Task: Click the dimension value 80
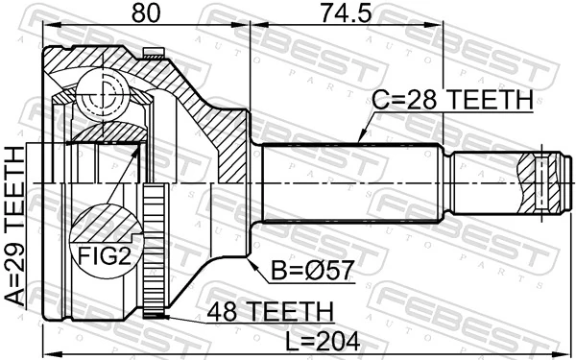(147, 14)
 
